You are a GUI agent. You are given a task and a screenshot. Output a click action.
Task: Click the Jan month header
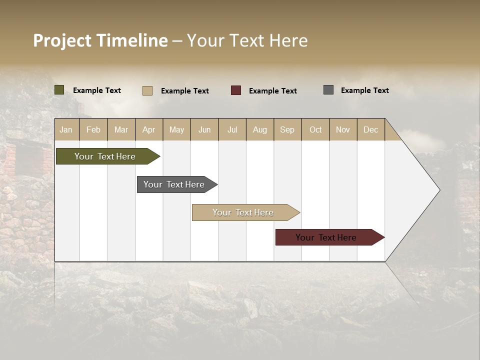coord(66,129)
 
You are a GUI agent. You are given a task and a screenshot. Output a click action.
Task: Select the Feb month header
coord(93,129)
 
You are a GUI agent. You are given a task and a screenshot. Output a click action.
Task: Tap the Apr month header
coord(148,129)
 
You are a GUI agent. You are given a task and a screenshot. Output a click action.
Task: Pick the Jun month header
coord(204,129)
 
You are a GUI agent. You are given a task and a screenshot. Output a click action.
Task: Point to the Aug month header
coord(259,129)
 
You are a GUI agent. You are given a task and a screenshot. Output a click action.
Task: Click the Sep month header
coord(287,129)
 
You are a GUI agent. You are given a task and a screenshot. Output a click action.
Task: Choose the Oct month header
coord(315,129)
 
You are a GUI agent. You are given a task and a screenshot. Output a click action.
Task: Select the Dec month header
coord(370,129)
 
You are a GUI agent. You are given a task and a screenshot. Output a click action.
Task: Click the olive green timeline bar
coord(105,156)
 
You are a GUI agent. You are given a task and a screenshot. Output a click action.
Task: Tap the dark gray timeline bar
coord(174,184)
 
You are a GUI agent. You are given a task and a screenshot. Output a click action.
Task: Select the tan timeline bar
coord(243,212)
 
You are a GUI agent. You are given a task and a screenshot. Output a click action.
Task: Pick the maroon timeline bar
coord(326,237)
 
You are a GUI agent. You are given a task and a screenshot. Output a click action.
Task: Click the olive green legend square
coord(59,90)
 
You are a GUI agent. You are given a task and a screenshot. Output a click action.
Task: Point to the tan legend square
coord(147,90)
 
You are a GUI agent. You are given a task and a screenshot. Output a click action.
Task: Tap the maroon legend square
coord(236,90)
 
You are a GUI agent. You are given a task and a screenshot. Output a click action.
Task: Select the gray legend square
coord(328,90)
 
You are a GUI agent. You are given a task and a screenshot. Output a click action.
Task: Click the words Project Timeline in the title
coord(100,40)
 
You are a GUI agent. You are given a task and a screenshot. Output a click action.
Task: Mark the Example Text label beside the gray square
coord(364,90)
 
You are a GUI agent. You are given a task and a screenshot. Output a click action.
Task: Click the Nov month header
coord(342,129)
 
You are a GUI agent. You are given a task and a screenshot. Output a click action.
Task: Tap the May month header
coord(176,129)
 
